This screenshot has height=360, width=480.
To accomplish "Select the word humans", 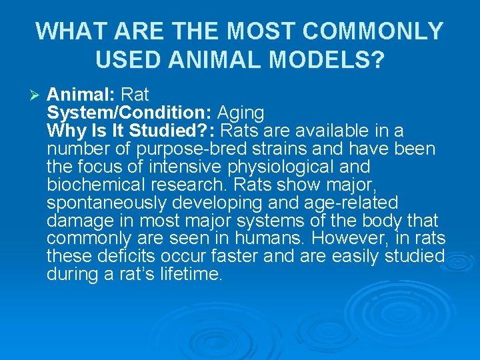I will pos(281,238).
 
